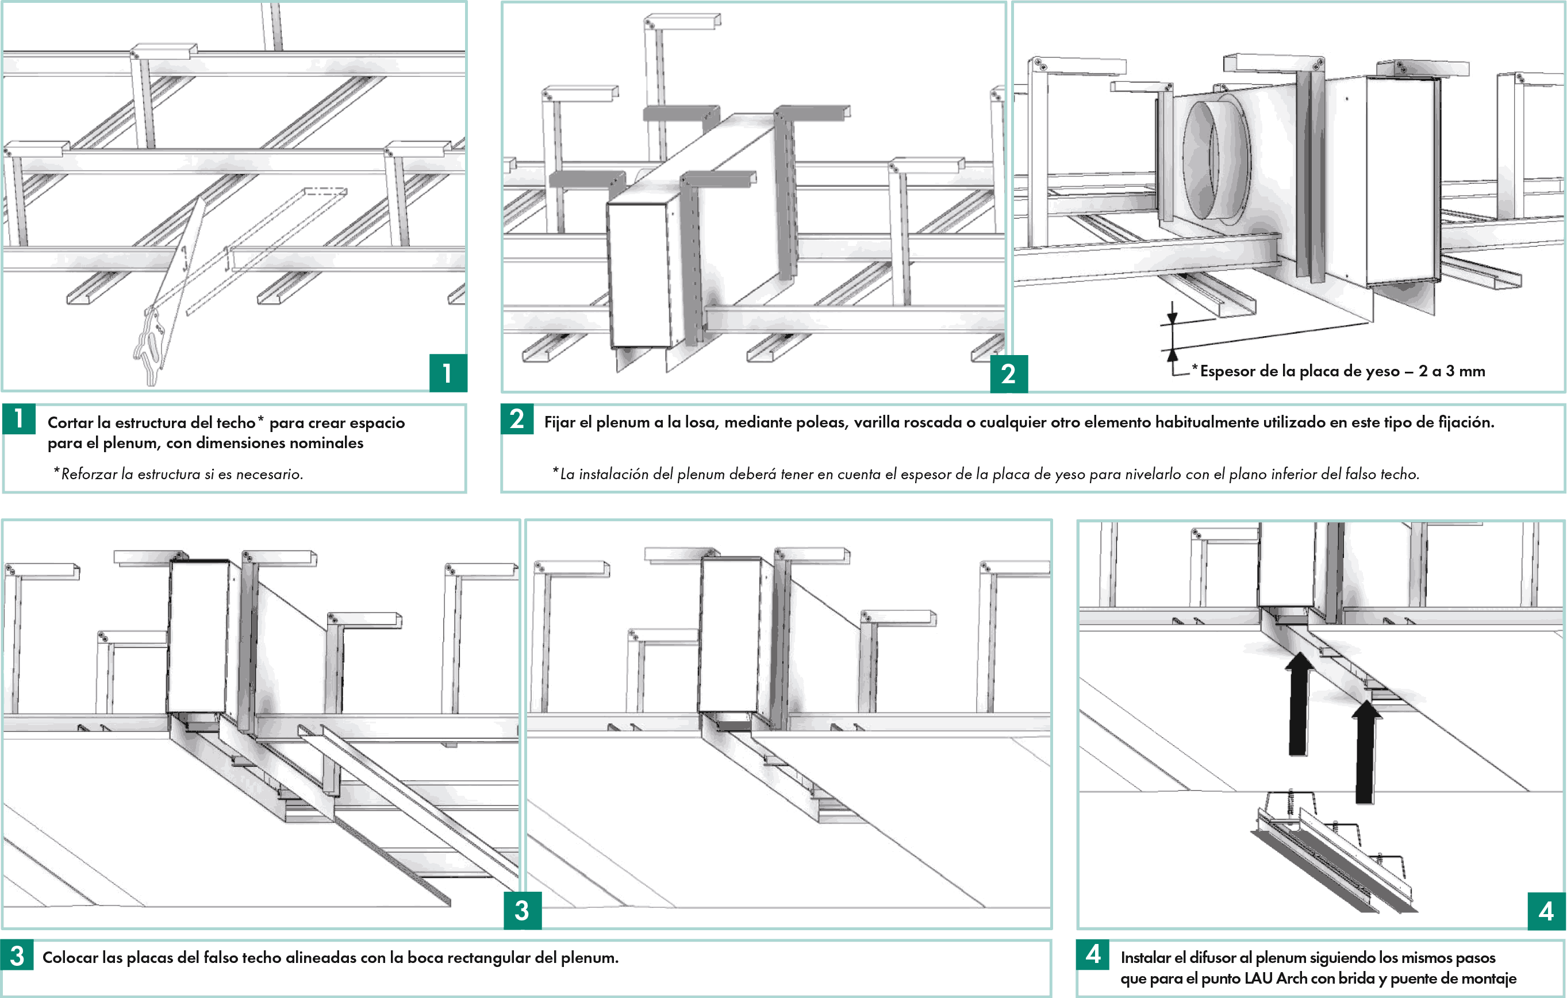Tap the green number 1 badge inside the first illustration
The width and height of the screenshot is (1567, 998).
coord(448,373)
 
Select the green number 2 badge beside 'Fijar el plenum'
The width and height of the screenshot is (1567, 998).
coord(517,419)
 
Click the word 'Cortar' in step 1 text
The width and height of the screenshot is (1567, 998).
coord(70,422)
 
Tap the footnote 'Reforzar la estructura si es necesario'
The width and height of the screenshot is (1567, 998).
coord(178,473)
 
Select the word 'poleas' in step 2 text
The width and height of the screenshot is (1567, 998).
coord(818,422)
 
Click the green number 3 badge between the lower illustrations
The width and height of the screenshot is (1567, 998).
coord(522,910)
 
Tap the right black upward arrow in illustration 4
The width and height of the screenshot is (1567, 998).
coord(1366,752)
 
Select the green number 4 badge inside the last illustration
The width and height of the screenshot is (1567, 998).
coord(1546,911)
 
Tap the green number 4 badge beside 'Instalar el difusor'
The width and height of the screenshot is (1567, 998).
coord(1093,954)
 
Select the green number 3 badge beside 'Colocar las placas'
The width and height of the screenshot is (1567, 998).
coord(17,955)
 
